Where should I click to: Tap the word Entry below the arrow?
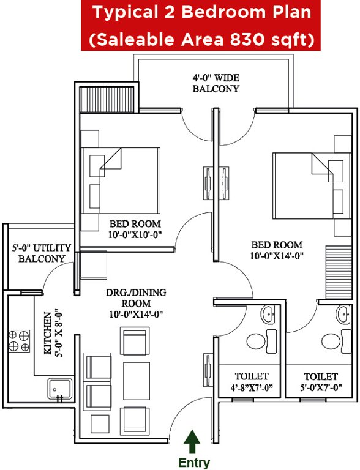click(x=194, y=463)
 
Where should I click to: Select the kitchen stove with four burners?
click(x=18, y=341)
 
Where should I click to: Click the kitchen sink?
click(x=59, y=388)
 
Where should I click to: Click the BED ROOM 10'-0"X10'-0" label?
click(x=135, y=229)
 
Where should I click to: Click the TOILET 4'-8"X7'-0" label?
click(x=252, y=381)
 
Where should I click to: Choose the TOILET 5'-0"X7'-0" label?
click(x=321, y=381)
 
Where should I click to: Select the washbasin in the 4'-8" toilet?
click(x=269, y=315)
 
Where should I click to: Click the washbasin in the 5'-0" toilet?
click(x=343, y=315)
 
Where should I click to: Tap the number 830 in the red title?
click(x=266, y=40)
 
